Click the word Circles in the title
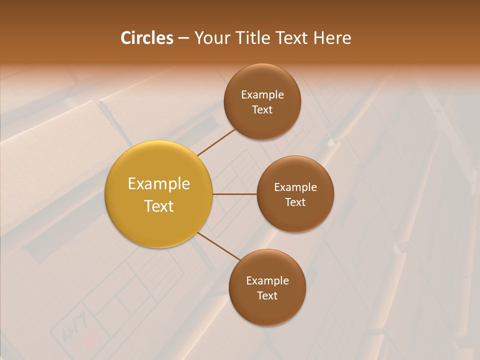pyautogui.click(x=147, y=38)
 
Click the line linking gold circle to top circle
pyautogui.click(x=216, y=142)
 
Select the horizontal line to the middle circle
pyautogui.click(x=235, y=194)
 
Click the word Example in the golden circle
pyautogui.click(x=159, y=184)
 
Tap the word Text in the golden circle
pyautogui.click(x=159, y=206)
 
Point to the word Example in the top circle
pyautogui.click(x=262, y=94)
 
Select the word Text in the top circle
pyautogui.click(x=262, y=109)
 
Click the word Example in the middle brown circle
pyautogui.click(x=295, y=187)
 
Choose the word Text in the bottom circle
pyautogui.click(x=267, y=295)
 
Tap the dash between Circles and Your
pyautogui.click(x=183, y=38)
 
